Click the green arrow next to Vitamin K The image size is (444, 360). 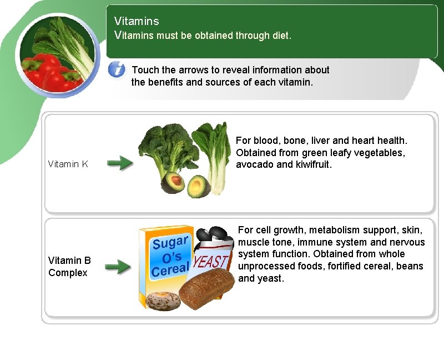pos(119,163)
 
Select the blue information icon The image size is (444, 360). pos(117,70)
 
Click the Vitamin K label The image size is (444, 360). pos(68,164)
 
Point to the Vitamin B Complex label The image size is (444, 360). pos(69,266)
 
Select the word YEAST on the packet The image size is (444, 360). pos(211,262)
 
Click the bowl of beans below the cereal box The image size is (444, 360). pos(160,301)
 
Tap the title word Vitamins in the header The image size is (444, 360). pos(137,21)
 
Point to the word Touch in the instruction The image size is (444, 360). pos(145,70)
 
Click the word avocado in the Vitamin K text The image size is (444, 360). pos(253,164)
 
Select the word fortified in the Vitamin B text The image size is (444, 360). pos(347,266)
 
